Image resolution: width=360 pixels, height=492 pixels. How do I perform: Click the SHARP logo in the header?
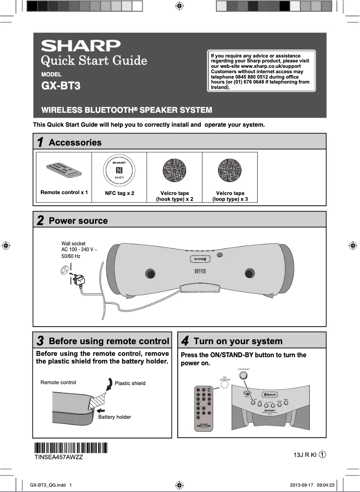(81, 46)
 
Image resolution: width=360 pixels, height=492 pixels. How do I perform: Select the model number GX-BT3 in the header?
(61, 85)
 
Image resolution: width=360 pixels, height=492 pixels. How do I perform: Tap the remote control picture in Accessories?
(64, 170)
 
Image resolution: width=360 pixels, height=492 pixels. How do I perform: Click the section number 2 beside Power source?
(40, 221)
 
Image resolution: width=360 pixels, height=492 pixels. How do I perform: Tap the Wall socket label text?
(73, 244)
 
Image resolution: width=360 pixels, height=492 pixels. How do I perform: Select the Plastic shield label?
(130, 383)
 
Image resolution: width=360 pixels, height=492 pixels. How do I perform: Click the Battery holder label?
(114, 417)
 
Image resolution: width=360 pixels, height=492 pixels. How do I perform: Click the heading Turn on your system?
(238, 341)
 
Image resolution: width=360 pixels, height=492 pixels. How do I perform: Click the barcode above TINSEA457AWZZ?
(70, 448)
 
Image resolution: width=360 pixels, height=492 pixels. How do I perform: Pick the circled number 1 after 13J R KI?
(322, 455)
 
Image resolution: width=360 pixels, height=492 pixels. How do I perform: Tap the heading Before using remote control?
(109, 341)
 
